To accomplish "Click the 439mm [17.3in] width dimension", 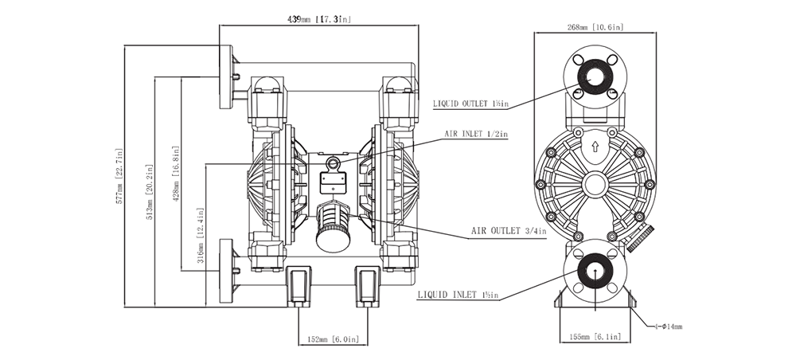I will click(318, 18).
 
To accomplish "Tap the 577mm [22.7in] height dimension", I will click(121, 176).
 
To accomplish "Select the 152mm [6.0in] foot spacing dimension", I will click(330, 340).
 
